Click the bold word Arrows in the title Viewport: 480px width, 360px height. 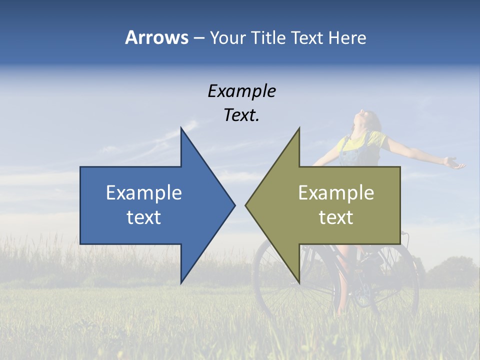[156, 37]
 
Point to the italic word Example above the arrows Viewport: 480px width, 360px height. [242, 91]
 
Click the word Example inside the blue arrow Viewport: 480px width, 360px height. [144, 193]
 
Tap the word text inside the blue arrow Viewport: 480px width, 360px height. [144, 217]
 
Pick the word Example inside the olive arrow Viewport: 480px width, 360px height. [336, 193]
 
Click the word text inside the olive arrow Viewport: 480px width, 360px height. [336, 217]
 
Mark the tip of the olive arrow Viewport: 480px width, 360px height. [247, 205]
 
